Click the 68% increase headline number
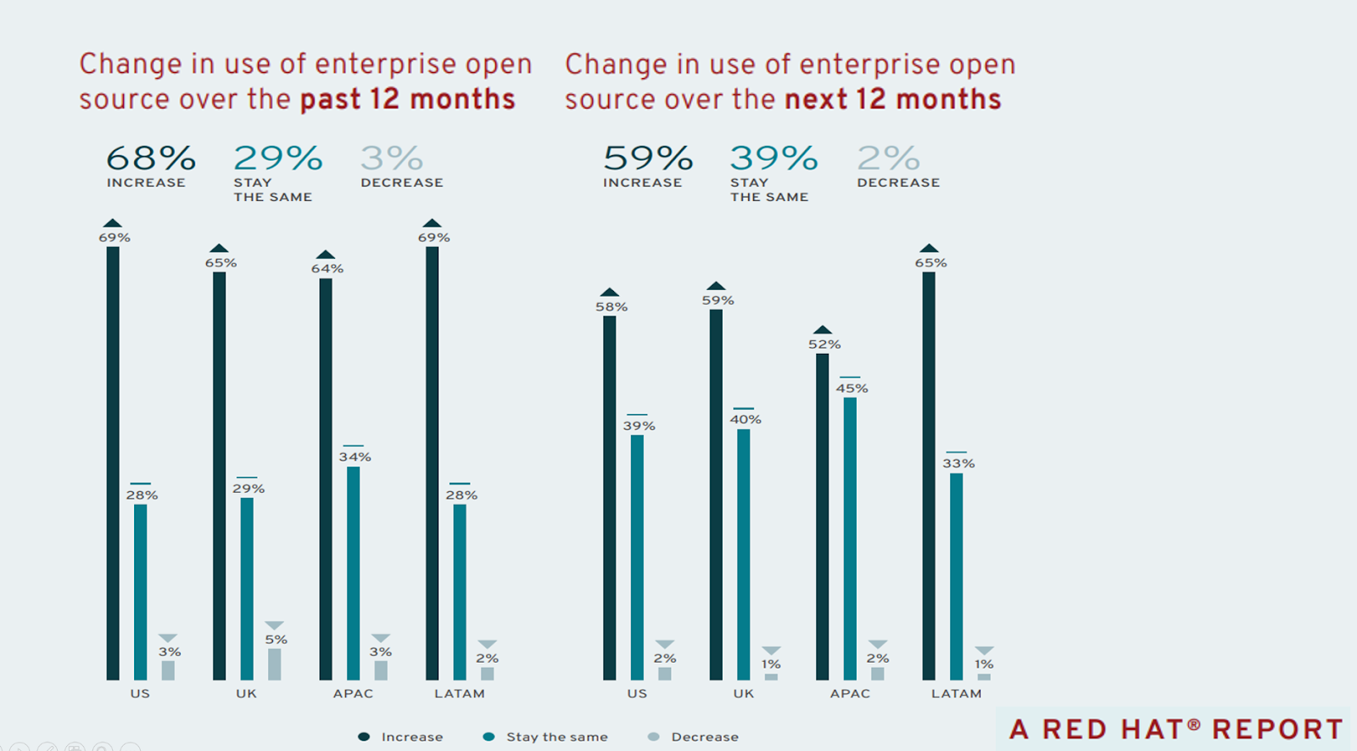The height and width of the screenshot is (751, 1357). (x=150, y=159)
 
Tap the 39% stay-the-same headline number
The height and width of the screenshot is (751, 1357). (x=773, y=159)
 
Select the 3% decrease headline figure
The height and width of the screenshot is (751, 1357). (x=391, y=159)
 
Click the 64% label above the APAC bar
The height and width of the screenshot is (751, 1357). (x=327, y=269)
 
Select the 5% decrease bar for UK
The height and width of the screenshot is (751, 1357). (x=274, y=664)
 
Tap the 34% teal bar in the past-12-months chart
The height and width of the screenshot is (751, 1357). (x=353, y=573)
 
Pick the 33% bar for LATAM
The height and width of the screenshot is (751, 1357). (x=956, y=576)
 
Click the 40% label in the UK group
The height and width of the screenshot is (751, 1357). (x=746, y=419)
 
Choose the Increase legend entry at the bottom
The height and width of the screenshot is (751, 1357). (x=402, y=737)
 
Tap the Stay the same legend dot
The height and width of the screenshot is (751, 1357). (x=489, y=737)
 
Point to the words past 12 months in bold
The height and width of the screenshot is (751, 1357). (x=407, y=99)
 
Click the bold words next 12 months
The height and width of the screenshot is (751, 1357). (x=892, y=99)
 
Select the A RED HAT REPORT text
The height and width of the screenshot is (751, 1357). (x=1176, y=729)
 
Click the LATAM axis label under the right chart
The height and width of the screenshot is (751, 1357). (x=956, y=693)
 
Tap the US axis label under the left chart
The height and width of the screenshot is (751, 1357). (x=140, y=693)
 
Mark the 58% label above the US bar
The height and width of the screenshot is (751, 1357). (x=611, y=307)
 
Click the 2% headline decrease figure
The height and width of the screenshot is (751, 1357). (x=887, y=159)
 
